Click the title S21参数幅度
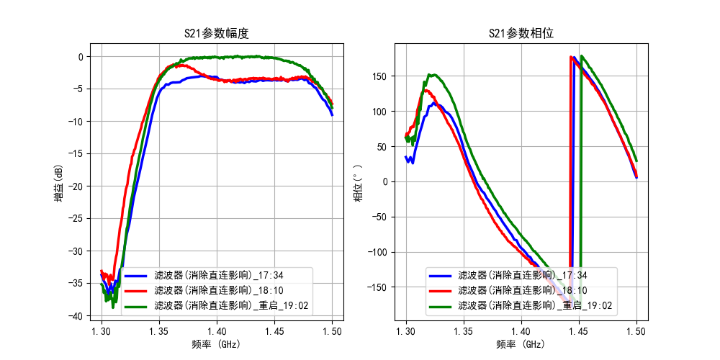click(217, 33)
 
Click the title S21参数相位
click(521, 33)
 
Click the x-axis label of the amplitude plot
click(217, 345)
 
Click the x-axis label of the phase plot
click(521, 345)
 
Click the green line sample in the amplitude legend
click(137, 306)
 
